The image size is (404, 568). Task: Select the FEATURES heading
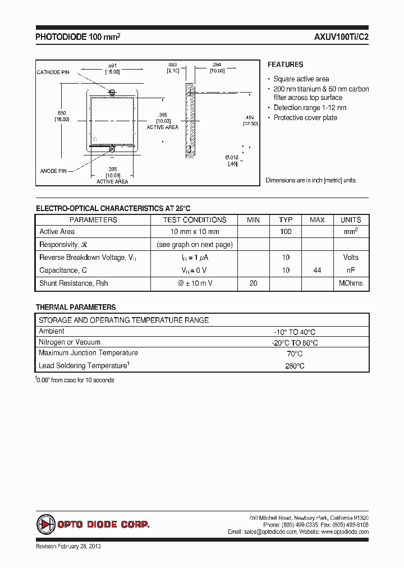(x=285, y=65)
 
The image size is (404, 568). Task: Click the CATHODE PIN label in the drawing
(x=53, y=72)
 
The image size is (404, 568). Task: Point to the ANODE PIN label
(x=53, y=171)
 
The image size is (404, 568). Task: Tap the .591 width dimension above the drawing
(x=112, y=66)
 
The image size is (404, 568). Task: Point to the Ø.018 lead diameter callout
(x=232, y=158)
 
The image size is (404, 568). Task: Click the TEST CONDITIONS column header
(x=195, y=220)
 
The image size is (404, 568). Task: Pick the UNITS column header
(x=351, y=220)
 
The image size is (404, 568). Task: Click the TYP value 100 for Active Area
(x=286, y=232)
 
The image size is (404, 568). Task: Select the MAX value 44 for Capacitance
(x=317, y=271)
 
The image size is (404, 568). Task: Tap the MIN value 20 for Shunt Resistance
(x=253, y=283)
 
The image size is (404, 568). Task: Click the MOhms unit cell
(x=351, y=283)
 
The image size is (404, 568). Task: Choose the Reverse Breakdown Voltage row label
(x=88, y=258)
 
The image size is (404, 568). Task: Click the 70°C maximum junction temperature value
(x=294, y=354)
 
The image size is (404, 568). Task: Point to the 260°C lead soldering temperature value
(x=294, y=366)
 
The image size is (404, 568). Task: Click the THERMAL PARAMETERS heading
(x=76, y=308)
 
